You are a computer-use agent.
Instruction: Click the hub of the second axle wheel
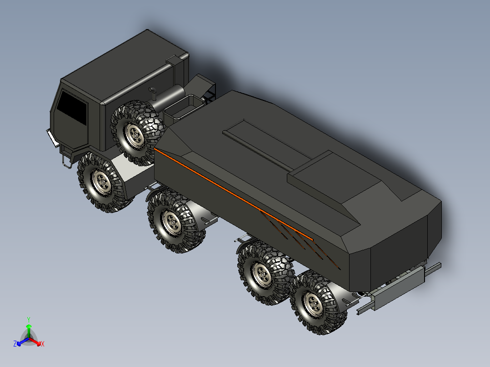[x=173, y=222]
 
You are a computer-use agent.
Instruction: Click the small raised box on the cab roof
[x=175, y=60]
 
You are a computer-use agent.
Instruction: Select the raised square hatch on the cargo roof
[x=334, y=175]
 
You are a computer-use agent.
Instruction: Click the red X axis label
[x=42, y=344]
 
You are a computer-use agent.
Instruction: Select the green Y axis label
[x=28, y=319]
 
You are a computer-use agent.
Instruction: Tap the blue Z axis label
[x=15, y=344]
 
